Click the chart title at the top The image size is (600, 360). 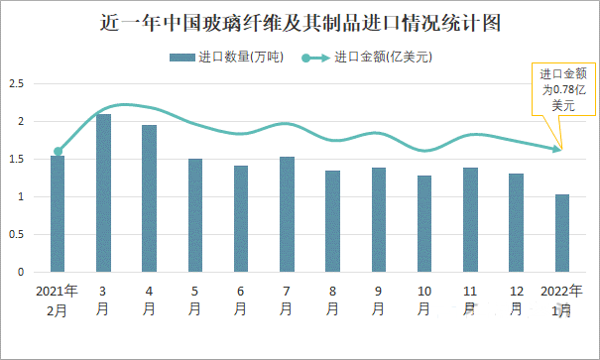tap(300, 22)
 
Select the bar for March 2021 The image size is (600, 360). tap(103, 193)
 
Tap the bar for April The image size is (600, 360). tap(149, 198)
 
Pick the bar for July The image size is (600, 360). tap(287, 214)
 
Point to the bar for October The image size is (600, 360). tap(424, 224)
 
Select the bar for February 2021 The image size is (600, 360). tap(58, 213)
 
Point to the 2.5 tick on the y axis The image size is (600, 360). tap(17, 84)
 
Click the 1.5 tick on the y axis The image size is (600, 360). tap(17, 160)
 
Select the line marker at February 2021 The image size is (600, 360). tap(58, 152)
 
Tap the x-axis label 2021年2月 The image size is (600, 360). tap(57, 300)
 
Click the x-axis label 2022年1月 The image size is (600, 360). tap(561, 300)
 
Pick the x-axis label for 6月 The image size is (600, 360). tap(241, 300)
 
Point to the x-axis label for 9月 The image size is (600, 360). tap(379, 300)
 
